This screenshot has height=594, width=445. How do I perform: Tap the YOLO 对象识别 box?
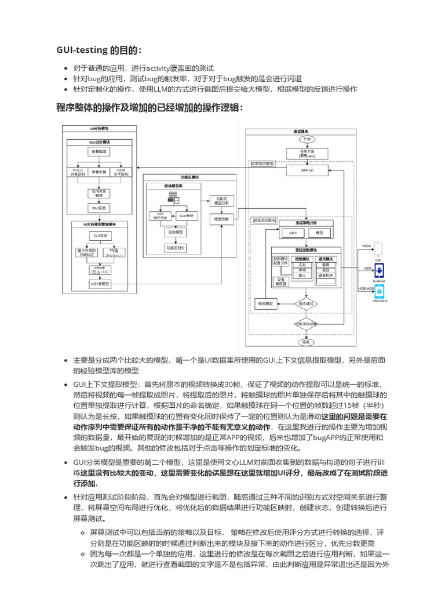[x=77, y=172]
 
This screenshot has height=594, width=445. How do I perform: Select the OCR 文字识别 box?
[x=121, y=172]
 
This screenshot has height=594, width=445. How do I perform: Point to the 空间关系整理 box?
[x=99, y=193]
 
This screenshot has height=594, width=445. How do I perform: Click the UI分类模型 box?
[x=99, y=284]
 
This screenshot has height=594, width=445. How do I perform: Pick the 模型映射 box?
[x=221, y=219]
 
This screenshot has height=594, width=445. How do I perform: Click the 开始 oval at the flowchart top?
[x=307, y=139]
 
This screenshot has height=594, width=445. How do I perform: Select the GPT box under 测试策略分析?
[x=293, y=233]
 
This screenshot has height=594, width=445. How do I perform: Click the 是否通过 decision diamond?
[x=307, y=303]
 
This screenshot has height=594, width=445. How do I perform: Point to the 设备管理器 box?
[x=280, y=281]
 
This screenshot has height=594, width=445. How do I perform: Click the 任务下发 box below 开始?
[x=307, y=154]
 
